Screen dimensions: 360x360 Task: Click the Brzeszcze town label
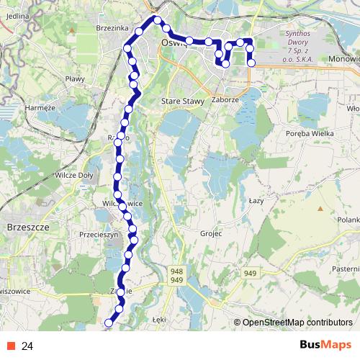(27, 226)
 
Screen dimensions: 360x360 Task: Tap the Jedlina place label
(16, 15)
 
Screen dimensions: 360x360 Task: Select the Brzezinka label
(112, 27)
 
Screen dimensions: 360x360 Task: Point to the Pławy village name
(75, 78)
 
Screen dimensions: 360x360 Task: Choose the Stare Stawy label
(181, 102)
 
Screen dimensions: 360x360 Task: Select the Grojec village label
(212, 233)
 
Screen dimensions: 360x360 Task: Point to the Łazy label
(256, 200)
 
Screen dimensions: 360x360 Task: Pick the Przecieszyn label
(98, 234)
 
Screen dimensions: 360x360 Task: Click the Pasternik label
(345, 269)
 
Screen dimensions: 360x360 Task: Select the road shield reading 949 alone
(250, 273)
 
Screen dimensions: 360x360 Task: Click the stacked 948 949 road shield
(177, 274)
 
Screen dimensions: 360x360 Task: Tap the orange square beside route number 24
(12, 346)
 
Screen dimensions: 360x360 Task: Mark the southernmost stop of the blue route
(109, 323)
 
